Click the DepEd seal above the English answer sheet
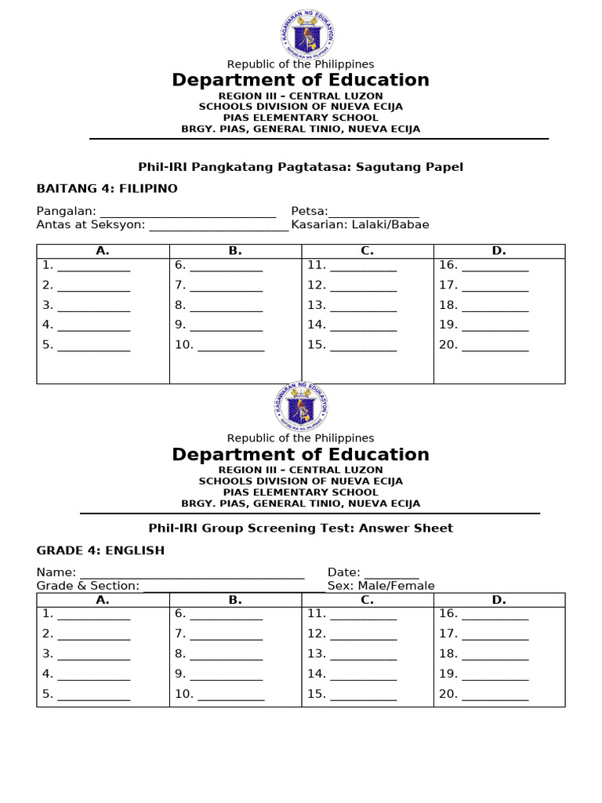(x=301, y=407)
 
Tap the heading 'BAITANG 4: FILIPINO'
(x=107, y=188)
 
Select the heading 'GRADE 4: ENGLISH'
(x=100, y=550)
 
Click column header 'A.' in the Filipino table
(x=103, y=251)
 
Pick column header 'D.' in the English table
(x=499, y=600)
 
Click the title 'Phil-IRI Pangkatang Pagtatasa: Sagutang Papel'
(x=301, y=166)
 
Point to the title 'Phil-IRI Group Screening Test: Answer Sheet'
(x=301, y=529)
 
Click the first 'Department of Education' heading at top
(x=301, y=80)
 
